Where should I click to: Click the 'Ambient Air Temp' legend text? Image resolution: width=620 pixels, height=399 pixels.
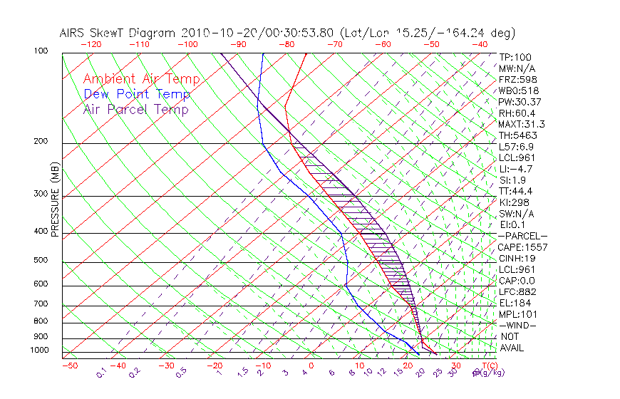click(x=142, y=79)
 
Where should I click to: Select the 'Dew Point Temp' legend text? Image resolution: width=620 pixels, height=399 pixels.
click(x=137, y=94)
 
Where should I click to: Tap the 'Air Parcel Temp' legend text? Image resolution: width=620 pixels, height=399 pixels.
click(x=136, y=109)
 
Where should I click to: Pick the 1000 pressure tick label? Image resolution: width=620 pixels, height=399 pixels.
click(x=41, y=351)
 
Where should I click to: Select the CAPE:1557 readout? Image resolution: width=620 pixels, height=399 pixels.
click(x=522, y=247)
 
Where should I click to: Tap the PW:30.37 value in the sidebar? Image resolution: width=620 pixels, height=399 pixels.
click(x=520, y=102)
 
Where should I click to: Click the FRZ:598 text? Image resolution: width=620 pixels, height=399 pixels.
click(x=519, y=80)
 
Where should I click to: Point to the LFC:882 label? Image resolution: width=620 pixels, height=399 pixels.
click(x=517, y=292)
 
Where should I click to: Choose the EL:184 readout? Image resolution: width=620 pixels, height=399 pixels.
click(x=515, y=303)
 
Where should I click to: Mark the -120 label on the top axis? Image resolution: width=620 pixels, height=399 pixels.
click(x=91, y=44)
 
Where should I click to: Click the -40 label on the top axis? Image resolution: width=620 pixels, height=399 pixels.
click(x=480, y=44)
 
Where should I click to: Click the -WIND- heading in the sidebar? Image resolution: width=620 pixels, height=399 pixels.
click(x=518, y=326)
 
